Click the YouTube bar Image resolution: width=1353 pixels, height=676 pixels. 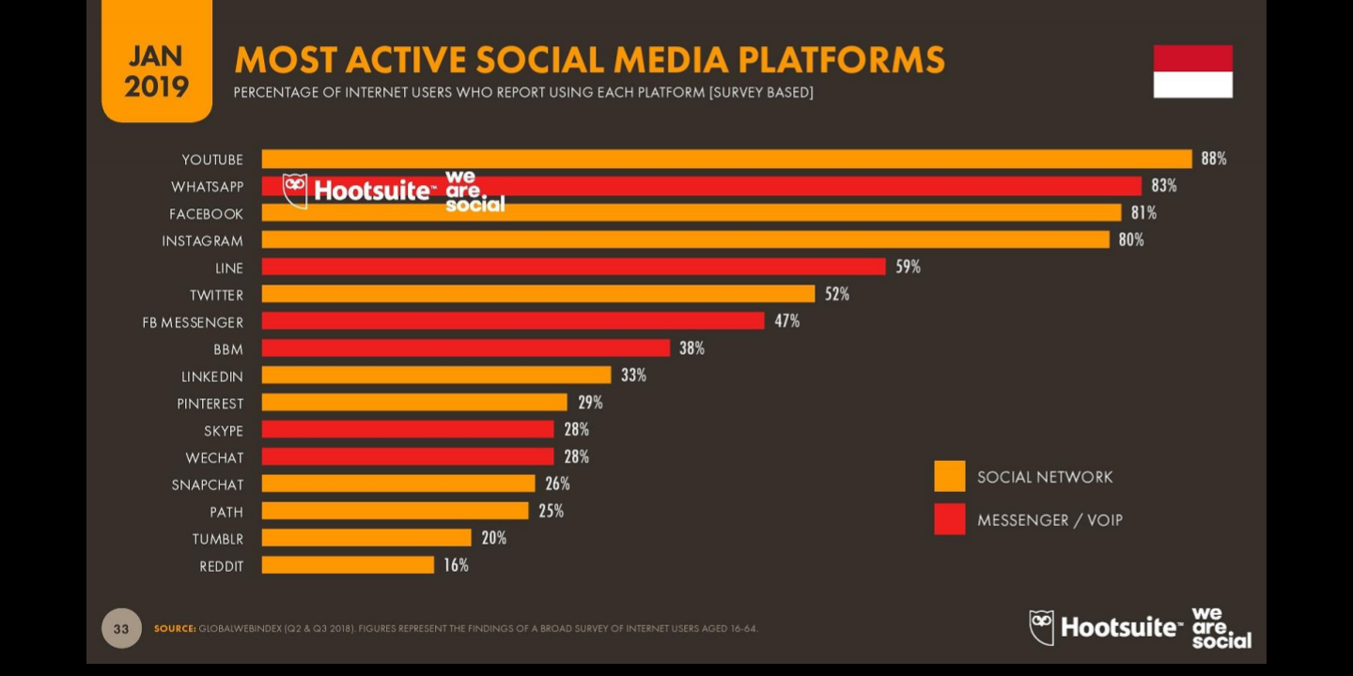(x=726, y=159)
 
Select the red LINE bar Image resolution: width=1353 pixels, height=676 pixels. (x=573, y=267)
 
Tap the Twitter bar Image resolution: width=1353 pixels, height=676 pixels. (x=537, y=294)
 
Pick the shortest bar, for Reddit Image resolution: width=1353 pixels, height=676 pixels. (x=348, y=565)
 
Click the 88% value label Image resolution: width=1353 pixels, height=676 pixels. (x=1213, y=159)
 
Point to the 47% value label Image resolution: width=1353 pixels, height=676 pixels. (x=786, y=321)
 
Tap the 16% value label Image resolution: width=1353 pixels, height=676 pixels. (x=456, y=565)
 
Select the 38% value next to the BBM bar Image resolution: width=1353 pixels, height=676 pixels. (x=692, y=348)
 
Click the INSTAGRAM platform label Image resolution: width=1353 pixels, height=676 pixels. (x=202, y=241)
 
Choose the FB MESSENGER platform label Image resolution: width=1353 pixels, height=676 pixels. (x=193, y=322)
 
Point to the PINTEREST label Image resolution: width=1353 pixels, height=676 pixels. (x=210, y=404)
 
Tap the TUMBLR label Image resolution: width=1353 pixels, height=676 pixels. (x=217, y=539)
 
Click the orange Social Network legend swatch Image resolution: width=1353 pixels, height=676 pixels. (x=949, y=476)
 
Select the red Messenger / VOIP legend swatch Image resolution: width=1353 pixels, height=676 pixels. (x=949, y=519)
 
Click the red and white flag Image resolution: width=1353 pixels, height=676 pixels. (x=1192, y=71)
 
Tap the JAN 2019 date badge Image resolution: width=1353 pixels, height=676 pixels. (x=157, y=71)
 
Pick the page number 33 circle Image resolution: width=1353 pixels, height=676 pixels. (x=121, y=628)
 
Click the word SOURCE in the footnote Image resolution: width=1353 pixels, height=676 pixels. (x=175, y=628)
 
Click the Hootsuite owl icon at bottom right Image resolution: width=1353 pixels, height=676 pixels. (x=1041, y=626)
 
